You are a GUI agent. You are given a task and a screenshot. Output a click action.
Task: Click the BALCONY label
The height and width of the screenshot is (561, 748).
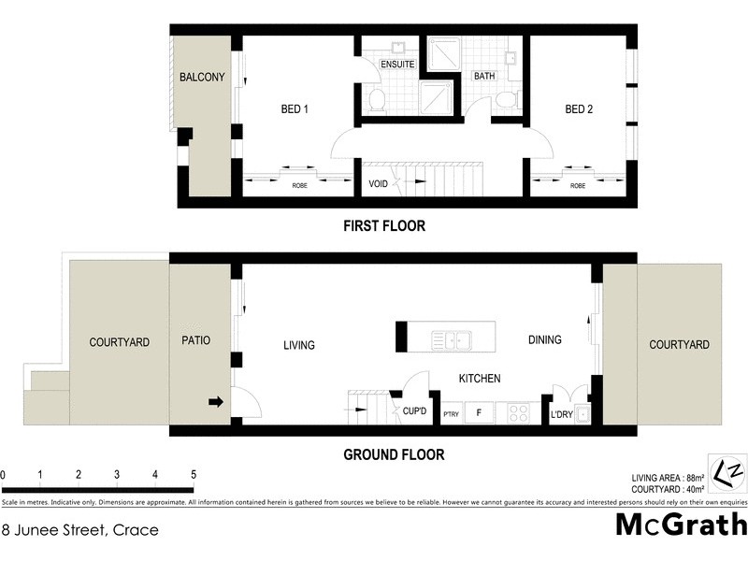[202, 78]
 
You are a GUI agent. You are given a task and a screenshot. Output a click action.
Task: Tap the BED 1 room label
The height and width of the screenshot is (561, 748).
[295, 109]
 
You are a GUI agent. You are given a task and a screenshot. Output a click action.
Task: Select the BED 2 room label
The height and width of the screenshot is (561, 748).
[579, 109]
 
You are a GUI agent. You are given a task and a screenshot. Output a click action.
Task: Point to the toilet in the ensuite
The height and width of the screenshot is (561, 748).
[376, 100]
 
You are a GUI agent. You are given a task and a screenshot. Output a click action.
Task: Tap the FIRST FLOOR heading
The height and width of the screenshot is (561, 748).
[384, 225]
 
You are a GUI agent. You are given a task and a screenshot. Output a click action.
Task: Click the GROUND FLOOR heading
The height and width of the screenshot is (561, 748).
[394, 455]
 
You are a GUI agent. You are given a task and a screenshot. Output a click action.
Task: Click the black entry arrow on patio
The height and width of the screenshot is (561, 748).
[215, 402]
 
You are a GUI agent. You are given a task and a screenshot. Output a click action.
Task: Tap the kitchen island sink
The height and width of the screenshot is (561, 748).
[451, 338]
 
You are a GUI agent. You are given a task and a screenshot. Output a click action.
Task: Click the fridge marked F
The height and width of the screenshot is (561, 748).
[480, 412]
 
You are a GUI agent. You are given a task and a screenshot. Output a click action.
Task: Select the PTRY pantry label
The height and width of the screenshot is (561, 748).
[450, 413]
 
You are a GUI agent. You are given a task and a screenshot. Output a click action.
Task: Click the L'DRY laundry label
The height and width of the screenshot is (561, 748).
[561, 413]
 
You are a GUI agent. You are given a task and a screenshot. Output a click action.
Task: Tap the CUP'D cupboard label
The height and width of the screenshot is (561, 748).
[414, 410]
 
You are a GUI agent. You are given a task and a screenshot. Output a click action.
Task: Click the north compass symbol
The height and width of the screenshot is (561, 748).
[728, 470]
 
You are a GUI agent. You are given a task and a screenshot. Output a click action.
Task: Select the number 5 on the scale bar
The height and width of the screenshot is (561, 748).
[192, 474]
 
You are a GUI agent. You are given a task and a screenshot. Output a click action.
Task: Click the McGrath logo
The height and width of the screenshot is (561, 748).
[681, 525]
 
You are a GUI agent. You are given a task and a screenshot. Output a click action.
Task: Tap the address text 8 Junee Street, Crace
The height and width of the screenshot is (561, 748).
[79, 530]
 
